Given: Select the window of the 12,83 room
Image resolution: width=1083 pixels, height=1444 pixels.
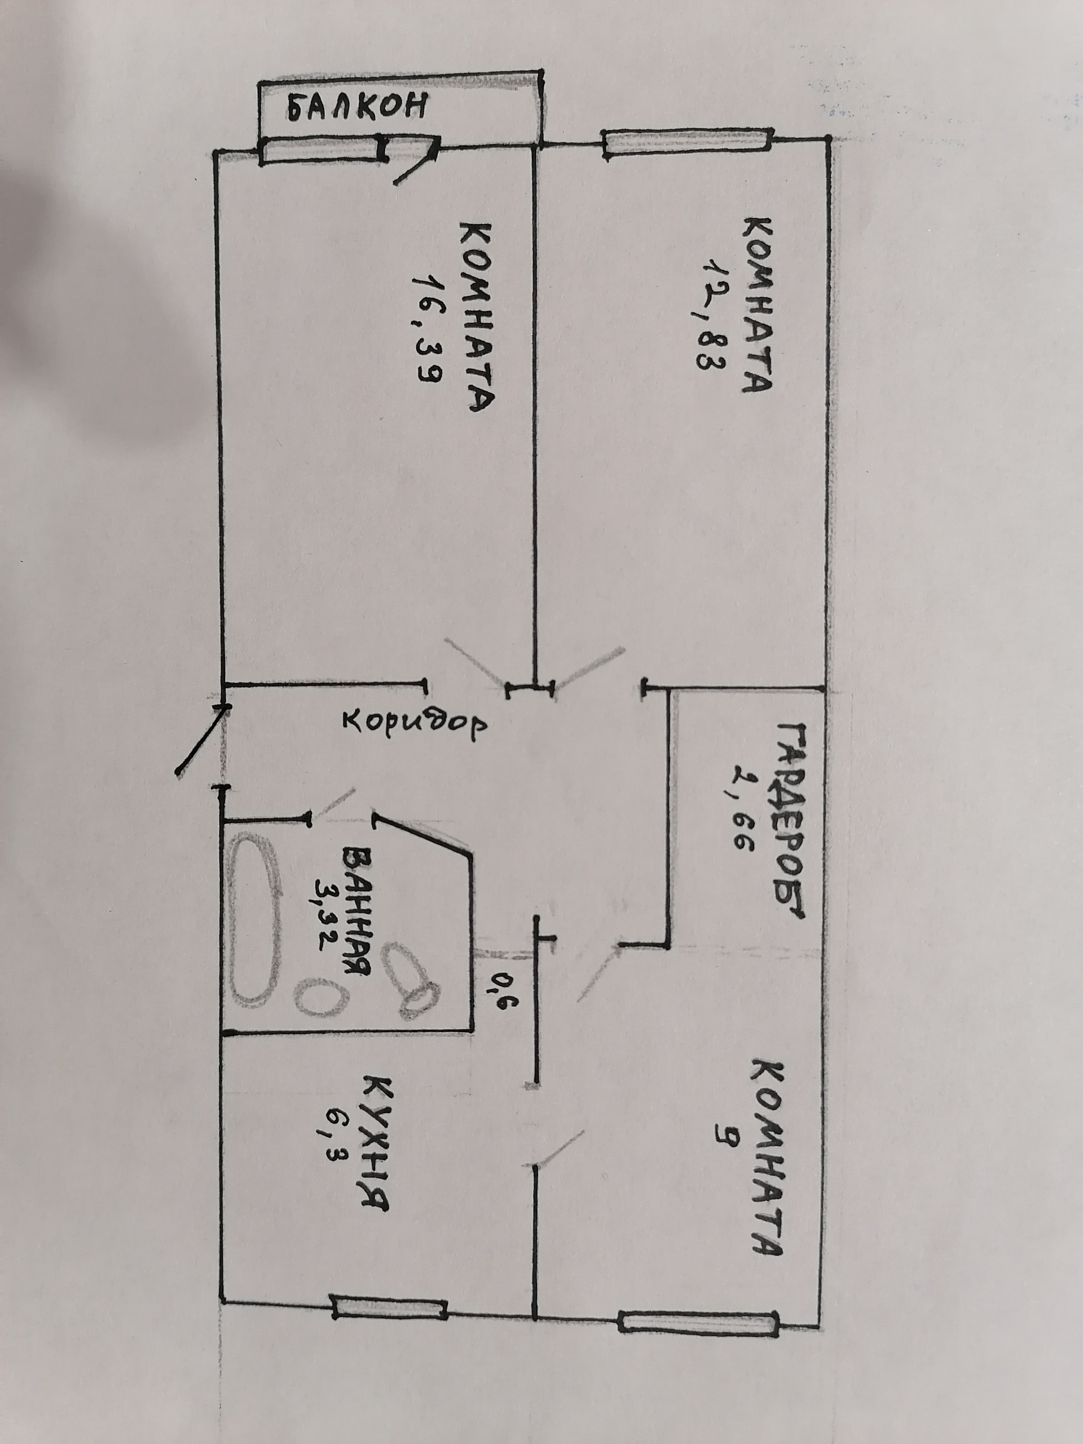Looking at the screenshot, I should click(688, 144).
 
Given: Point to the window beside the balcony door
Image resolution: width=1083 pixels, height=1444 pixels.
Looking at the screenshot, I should click(320, 152).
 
